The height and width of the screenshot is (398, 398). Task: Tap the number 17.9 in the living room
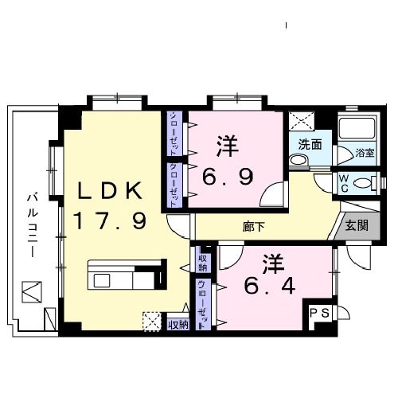pos(110,220)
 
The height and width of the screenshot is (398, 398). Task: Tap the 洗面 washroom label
pos(310,145)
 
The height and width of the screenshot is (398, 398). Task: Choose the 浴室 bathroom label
pos(365,151)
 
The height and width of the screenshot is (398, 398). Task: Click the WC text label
pos(345,182)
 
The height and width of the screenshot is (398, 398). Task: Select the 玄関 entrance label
pos(356,225)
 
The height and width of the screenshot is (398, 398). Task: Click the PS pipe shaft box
pos(319,313)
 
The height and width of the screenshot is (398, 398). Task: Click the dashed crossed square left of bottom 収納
pos(150,322)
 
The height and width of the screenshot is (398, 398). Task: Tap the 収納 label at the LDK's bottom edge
pos(178,324)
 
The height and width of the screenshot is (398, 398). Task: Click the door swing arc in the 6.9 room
pos(273,196)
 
